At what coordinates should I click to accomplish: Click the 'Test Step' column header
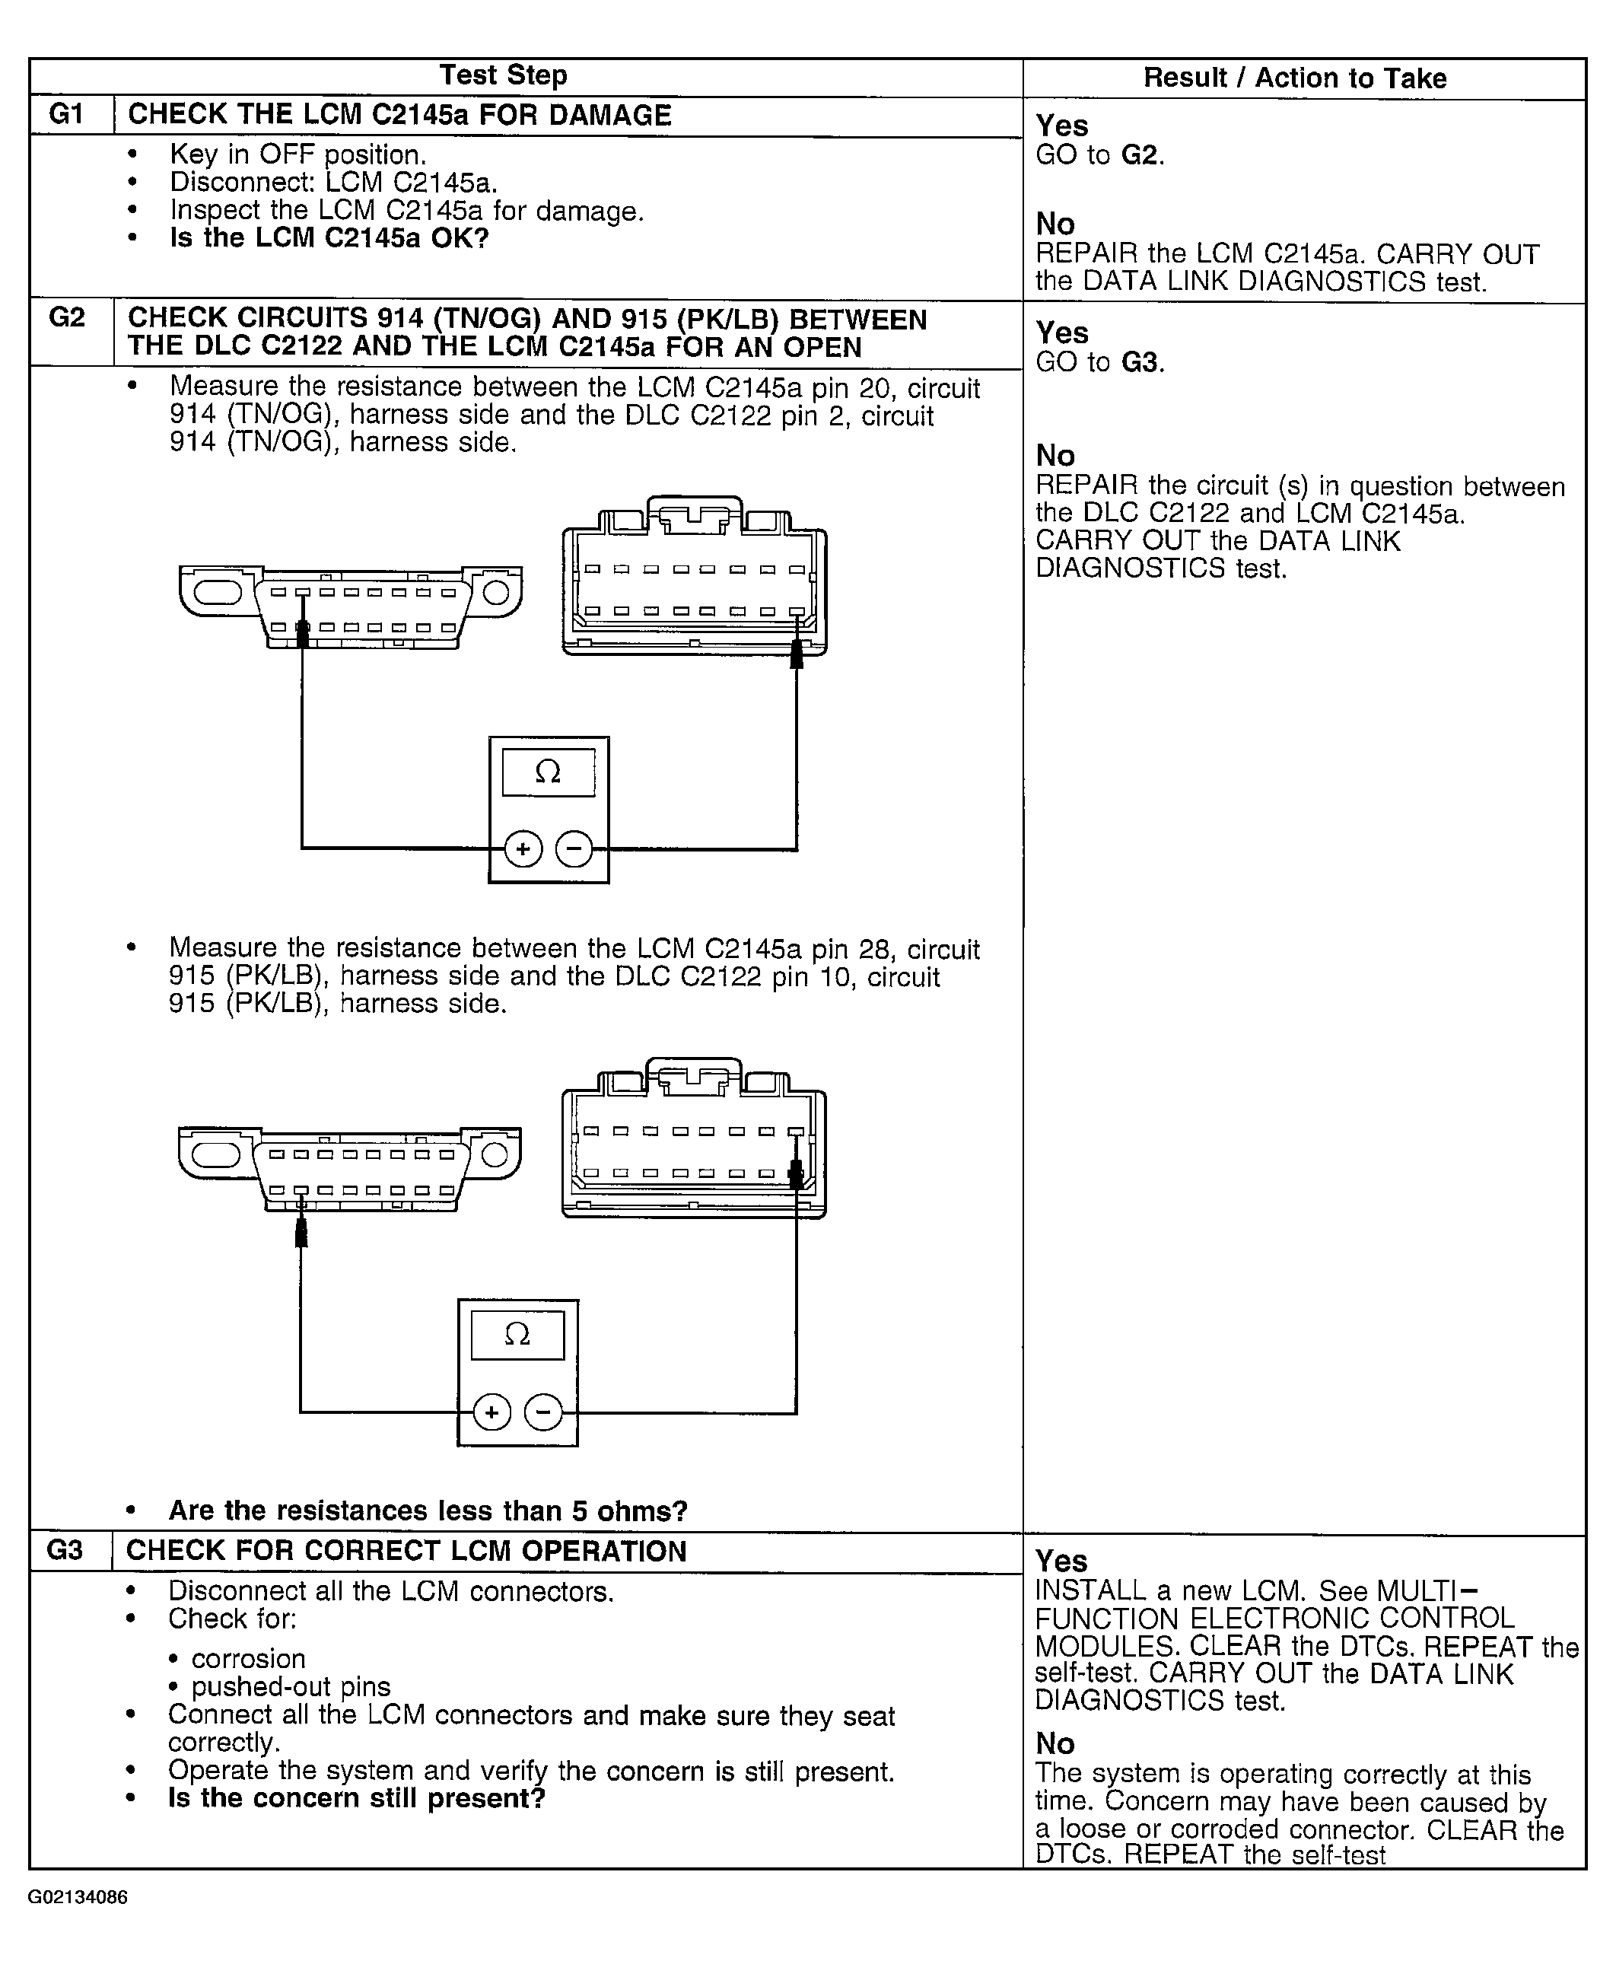tap(503, 75)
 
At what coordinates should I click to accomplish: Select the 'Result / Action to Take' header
tap(1294, 78)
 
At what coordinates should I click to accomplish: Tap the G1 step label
tap(66, 115)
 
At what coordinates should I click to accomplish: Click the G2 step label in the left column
tap(66, 318)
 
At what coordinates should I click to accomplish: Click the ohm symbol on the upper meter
tap(549, 772)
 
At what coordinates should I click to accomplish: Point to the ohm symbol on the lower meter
tap(517, 1334)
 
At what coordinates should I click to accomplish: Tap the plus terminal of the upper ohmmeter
tap(523, 848)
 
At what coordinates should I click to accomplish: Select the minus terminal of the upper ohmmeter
tap(574, 848)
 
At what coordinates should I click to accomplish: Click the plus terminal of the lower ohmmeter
tap(491, 1412)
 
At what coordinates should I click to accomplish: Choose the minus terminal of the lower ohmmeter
tap(542, 1412)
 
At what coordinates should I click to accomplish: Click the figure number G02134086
tap(78, 1898)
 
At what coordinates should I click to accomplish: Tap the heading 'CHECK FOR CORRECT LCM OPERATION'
tap(406, 1552)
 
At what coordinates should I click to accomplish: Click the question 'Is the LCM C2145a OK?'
tap(329, 238)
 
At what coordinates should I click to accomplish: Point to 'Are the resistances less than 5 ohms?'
tap(428, 1511)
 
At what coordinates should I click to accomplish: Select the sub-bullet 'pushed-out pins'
tap(291, 1686)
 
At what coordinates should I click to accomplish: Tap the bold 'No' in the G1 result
tap(1055, 224)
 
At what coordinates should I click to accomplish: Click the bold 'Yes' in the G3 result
tap(1061, 1561)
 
